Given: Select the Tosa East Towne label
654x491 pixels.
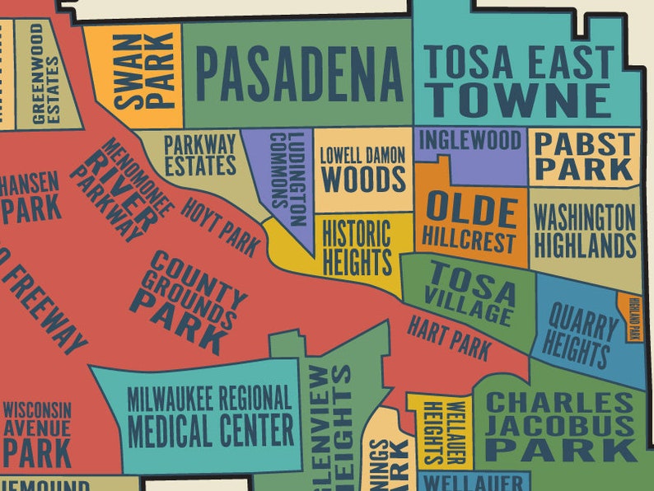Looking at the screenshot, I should click(x=519, y=81).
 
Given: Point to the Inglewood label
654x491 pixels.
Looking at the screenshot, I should click(x=470, y=140).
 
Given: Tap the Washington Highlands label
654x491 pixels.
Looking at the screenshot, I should click(x=585, y=232).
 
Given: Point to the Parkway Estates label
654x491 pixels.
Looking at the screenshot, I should click(x=199, y=155).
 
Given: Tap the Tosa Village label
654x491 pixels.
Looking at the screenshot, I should click(x=471, y=294).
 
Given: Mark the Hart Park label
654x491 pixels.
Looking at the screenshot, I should click(x=449, y=338).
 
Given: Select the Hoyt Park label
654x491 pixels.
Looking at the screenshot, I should click(x=220, y=227).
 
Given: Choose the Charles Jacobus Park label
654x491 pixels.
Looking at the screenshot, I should click(x=560, y=427).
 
